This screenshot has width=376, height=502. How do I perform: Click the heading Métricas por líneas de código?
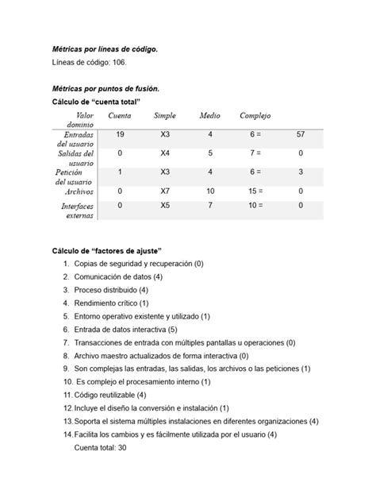(105, 49)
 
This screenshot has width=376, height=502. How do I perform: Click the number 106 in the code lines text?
(117, 63)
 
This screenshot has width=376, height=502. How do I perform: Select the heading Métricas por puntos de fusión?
(105, 89)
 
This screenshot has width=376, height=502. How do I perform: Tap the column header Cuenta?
(120, 116)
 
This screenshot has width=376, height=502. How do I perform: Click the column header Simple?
(165, 116)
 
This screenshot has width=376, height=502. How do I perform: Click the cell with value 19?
(120, 135)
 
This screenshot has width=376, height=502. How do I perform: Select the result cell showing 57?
(301, 135)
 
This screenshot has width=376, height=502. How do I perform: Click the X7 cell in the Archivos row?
(165, 191)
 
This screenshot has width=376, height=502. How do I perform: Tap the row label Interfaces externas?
(78, 210)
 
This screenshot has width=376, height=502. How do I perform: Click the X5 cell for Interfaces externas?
(165, 206)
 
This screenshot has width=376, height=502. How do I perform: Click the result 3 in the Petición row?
(301, 172)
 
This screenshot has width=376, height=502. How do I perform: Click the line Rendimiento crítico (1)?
(111, 303)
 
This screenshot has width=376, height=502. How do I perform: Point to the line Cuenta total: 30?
(100, 448)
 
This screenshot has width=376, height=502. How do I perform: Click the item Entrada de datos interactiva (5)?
(125, 329)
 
